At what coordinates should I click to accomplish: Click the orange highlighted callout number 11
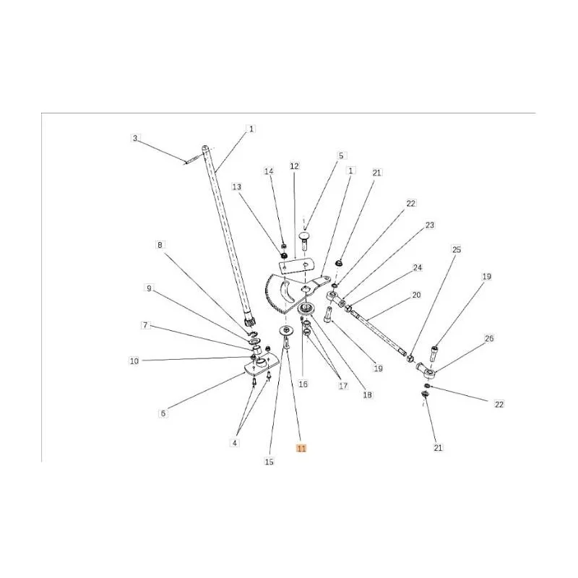pos(301,448)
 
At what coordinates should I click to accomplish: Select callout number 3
pos(135,138)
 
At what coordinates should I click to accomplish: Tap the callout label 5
pos(341,155)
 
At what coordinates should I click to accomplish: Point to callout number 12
pos(294,166)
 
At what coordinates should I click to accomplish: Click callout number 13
pos(237,187)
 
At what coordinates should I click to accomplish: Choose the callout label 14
pos(269,171)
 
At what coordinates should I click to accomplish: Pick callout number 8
pos(160,245)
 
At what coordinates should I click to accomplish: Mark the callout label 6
pos(163,413)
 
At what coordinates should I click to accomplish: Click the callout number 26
pos(489,338)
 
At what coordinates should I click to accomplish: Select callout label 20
pos(416,295)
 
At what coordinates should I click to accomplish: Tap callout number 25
pos(457,249)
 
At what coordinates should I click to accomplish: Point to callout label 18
pos(368,394)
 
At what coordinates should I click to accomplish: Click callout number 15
pos(269,462)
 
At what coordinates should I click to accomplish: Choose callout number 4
pos(235,443)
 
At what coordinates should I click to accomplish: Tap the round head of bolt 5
pos(305,236)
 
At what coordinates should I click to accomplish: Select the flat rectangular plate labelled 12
pos(296,266)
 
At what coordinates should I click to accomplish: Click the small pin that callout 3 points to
pos(191,160)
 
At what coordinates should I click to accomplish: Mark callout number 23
pos(430,225)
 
